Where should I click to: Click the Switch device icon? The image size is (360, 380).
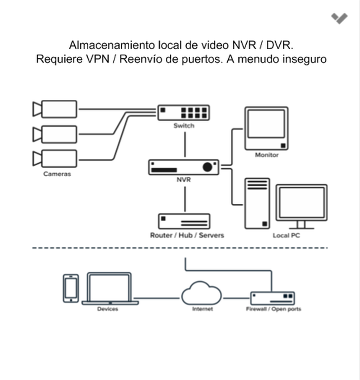184,112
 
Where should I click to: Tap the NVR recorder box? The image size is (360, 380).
184,167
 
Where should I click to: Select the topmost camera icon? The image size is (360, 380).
55,109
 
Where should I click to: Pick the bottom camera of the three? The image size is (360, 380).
55,158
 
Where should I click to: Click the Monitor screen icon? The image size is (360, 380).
266,128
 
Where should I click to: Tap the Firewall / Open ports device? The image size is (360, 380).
272,297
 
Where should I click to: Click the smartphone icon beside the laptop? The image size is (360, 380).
71,288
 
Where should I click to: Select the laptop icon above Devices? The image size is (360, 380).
109,288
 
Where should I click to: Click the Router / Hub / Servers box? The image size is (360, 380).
184,221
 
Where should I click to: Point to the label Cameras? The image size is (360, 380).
57,174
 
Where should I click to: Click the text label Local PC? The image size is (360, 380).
286,236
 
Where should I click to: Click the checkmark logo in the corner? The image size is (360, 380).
340,18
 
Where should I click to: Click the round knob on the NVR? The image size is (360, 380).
207,167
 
